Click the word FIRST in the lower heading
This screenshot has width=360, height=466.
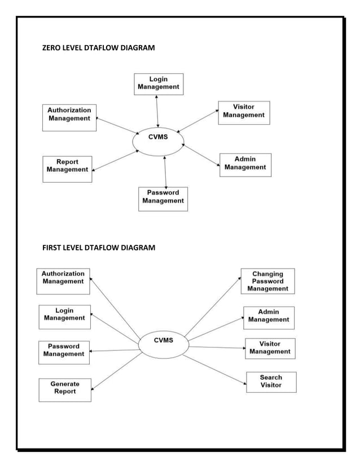click(53, 248)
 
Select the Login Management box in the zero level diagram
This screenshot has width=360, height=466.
click(159, 83)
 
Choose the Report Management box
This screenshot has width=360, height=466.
click(67, 169)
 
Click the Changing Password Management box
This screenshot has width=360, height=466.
click(267, 281)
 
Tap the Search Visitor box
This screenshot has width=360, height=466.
click(271, 382)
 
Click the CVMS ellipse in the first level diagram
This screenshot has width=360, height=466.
click(163, 344)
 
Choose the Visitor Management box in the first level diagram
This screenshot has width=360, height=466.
click(270, 349)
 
